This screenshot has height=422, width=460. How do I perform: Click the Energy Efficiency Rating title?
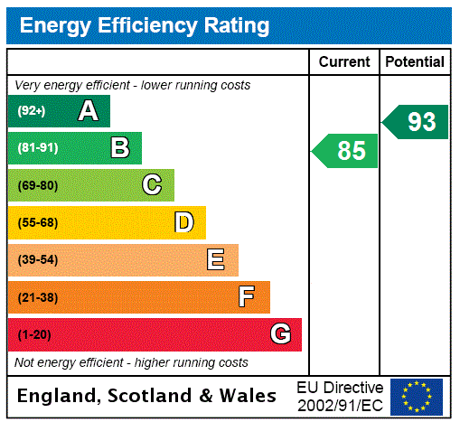(x=145, y=26)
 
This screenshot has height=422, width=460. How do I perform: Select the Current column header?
(x=344, y=62)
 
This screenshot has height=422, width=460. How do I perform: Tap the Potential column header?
(x=415, y=62)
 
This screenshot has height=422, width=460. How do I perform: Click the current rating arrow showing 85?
(x=345, y=150)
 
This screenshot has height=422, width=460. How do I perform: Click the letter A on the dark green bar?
(x=88, y=111)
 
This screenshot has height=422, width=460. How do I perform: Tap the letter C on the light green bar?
(x=152, y=185)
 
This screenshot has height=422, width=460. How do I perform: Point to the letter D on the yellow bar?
(x=183, y=222)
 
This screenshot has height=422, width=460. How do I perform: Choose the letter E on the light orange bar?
(x=216, y=260)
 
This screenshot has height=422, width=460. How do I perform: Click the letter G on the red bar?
(x=280, y=334)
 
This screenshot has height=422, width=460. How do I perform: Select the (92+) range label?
(x=32, y=111)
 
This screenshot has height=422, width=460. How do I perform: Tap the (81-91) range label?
(x=37, y=148)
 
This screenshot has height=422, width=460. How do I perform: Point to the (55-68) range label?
(x=37, y=222)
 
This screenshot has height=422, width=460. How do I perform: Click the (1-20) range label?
(x=34, y=335)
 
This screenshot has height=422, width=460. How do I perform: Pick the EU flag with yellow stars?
(x=417, y=397)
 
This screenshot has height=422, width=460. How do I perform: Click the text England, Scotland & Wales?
(x=147, y=396)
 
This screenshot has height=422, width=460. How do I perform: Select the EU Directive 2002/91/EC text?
(x=340, y=396)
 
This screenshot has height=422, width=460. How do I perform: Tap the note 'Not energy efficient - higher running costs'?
(x=131, y=362)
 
